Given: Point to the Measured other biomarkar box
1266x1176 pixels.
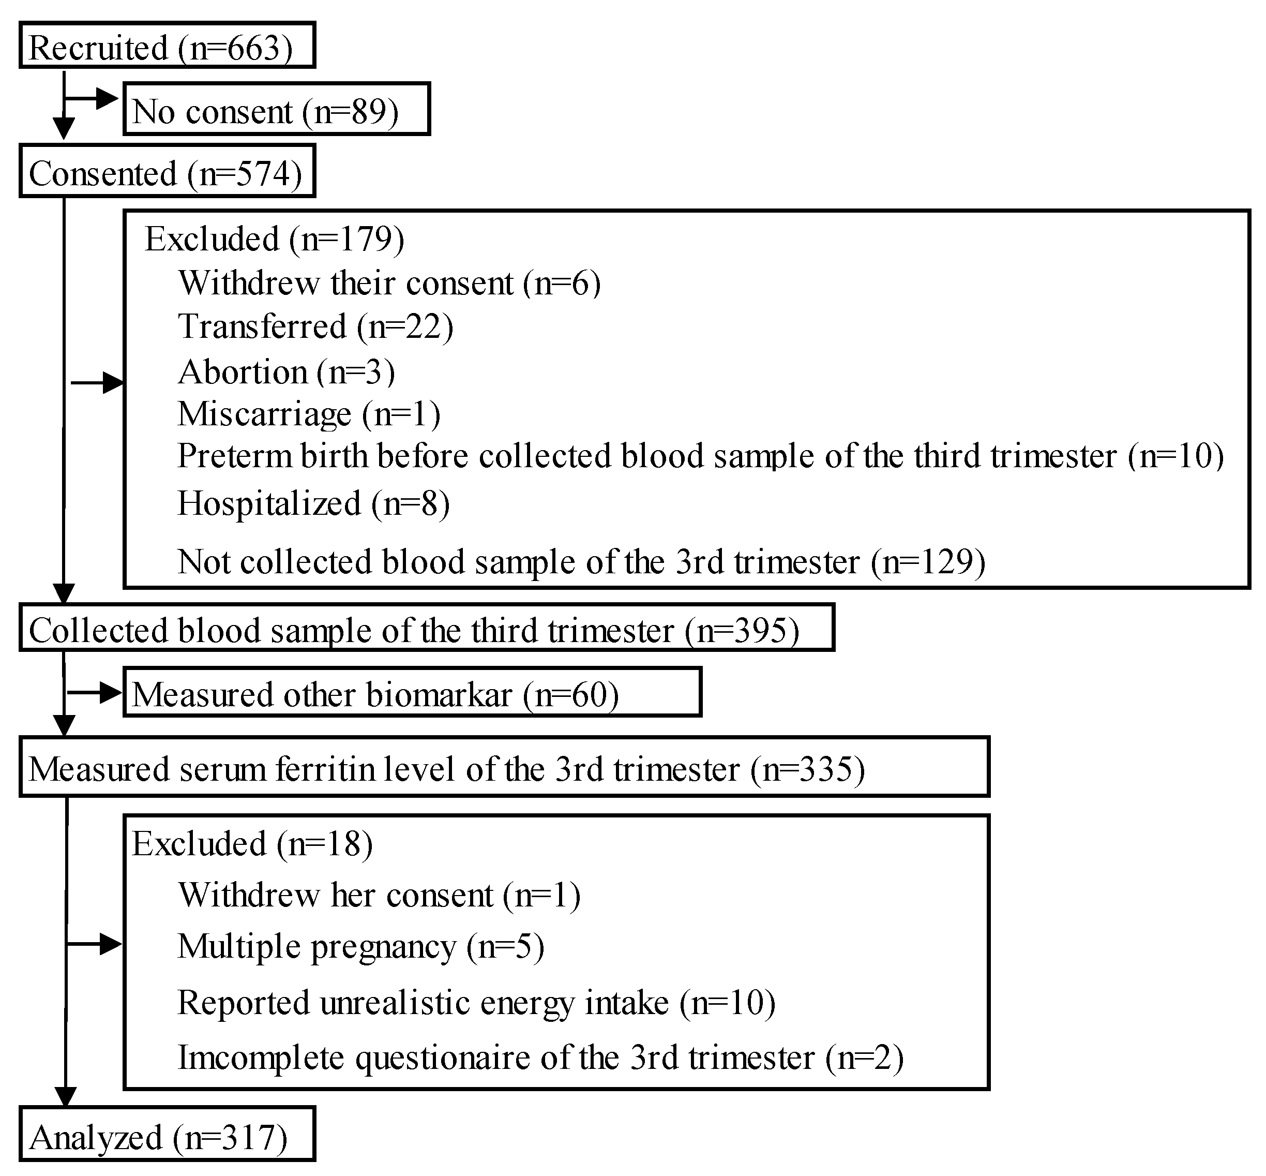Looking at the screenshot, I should click(x=412, y=693).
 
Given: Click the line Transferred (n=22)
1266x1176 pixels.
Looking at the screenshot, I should click(x=315, y=326).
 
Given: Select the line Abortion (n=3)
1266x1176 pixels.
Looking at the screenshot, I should click(x=287, y=371).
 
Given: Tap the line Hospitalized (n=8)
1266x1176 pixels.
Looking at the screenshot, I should click(x=313, y=503).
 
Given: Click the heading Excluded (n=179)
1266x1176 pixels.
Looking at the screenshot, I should click(x=274, y=239).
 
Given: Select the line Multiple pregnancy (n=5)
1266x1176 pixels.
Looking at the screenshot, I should click(x=360, y=946).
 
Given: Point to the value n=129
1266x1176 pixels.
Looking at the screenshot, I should click(x=928, y=562).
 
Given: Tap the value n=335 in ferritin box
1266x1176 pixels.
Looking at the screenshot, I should click(x=807, y=769).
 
